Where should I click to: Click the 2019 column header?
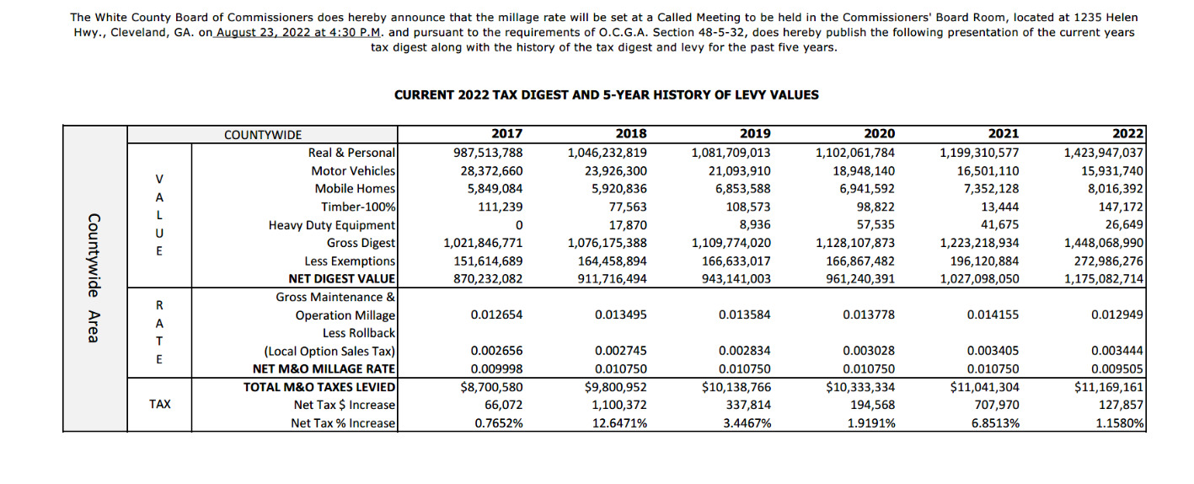coord(755,134)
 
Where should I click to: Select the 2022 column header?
coord(1127,134)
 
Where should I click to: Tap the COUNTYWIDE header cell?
coord(262,135)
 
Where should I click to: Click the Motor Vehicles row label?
coord(354,171)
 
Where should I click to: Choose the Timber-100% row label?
coord(358,207)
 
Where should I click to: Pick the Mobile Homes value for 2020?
coord(860,189)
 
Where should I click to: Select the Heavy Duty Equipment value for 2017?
coord(518,225)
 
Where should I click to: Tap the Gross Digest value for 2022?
coord(1104,243)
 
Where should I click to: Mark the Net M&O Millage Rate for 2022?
coord(1117,368)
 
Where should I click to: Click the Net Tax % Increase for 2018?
coord(621,423)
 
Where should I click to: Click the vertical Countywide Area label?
coord(94,278)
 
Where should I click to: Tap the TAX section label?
coord(159,404)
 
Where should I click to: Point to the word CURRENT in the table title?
coord(425,95)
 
